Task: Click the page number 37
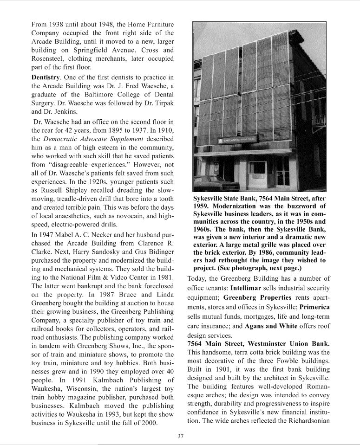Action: click(x=180, y=436)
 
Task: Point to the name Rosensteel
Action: click(x=49, y=59)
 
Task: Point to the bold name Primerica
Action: click(x=314, y=307)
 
